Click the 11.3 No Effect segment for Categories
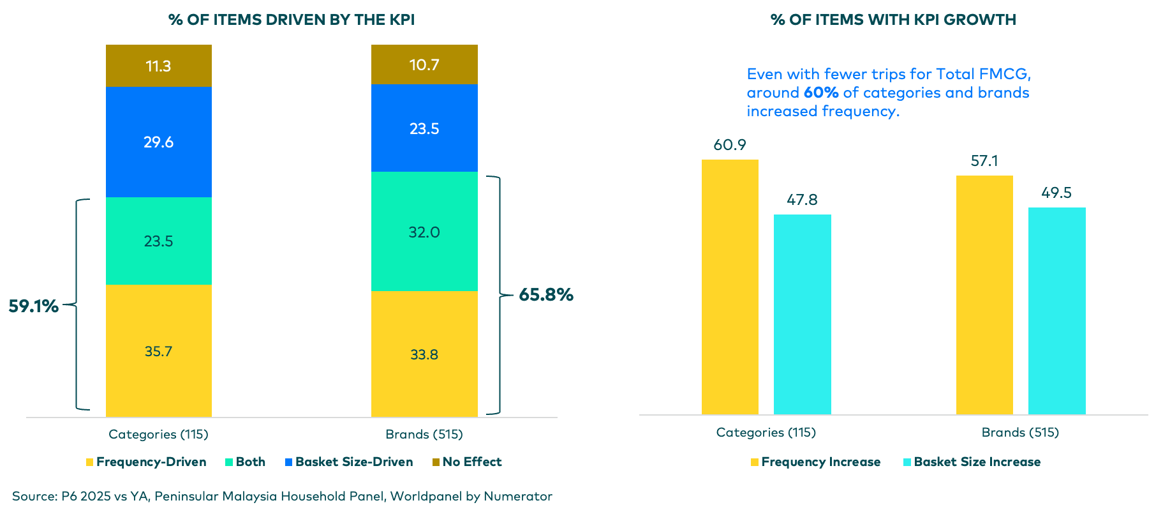158,66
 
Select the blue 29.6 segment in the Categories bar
158,142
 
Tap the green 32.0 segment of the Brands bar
424,232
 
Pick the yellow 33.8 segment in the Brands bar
424,354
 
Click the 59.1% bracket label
33,306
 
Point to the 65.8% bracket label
546,295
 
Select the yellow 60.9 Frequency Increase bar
730,287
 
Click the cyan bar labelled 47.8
802,314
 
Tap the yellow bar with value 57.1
984,295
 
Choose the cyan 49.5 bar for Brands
1056,311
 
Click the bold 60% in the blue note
821,93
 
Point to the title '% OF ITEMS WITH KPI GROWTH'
893,20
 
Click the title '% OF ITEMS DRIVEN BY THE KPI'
292,20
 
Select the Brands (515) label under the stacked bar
424,435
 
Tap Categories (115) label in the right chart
766,433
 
